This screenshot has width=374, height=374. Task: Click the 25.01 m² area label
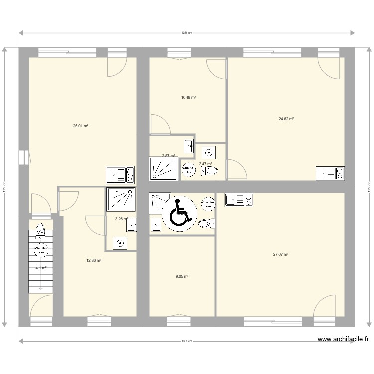81,126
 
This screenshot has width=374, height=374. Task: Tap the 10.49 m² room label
188,97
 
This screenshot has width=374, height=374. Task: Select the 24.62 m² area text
286,119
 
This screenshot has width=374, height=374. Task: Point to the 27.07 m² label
281,254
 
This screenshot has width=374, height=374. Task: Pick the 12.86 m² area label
94,260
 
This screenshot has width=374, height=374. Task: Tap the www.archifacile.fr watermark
343,339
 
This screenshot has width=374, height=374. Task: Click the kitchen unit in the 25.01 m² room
120,175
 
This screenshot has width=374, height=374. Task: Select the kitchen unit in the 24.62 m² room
330,173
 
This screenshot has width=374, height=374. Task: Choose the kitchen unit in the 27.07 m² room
239,200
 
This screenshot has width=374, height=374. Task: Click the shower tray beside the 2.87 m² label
163,168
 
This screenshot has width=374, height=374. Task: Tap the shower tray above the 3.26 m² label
120,200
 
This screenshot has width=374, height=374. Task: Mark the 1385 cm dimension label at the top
187,33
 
